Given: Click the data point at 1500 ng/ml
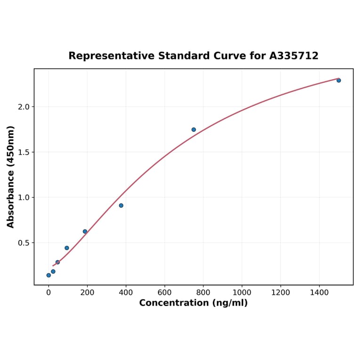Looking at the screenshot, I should point(338,81).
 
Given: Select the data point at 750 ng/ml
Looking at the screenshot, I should point(194,130).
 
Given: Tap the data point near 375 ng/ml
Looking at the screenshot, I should point(121,205).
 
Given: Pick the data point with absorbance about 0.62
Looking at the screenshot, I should point(85,231).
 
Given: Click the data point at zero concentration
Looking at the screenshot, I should point(49,275).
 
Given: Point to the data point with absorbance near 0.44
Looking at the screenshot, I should point(67,248).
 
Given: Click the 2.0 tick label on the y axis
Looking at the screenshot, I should point(24,107).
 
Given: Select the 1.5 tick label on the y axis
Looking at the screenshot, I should point(24,152).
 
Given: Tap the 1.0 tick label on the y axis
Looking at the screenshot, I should point(24,197).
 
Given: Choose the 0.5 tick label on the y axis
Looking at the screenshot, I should point(24,243).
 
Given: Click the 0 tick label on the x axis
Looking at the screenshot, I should point(49,293).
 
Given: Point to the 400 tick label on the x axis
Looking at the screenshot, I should point(126,293).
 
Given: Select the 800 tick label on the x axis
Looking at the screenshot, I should point(203,293).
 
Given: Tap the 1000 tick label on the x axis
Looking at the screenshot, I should point(242,293).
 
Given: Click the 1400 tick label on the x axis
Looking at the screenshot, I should point(319,293).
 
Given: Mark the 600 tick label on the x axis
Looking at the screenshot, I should point(164,293).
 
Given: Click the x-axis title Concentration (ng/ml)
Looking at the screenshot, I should point(193,303).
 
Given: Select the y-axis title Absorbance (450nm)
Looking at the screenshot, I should point(11,177).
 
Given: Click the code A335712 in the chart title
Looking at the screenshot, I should point(294,56).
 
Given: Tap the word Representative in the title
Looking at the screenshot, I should point(111,56).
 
